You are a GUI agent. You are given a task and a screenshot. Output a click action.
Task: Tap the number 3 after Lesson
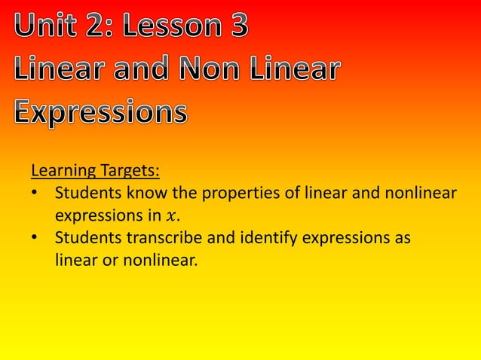234,28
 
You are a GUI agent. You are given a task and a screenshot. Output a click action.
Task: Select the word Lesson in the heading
170,28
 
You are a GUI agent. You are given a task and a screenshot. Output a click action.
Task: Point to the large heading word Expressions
100,113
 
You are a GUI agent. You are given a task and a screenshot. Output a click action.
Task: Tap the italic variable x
171,217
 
